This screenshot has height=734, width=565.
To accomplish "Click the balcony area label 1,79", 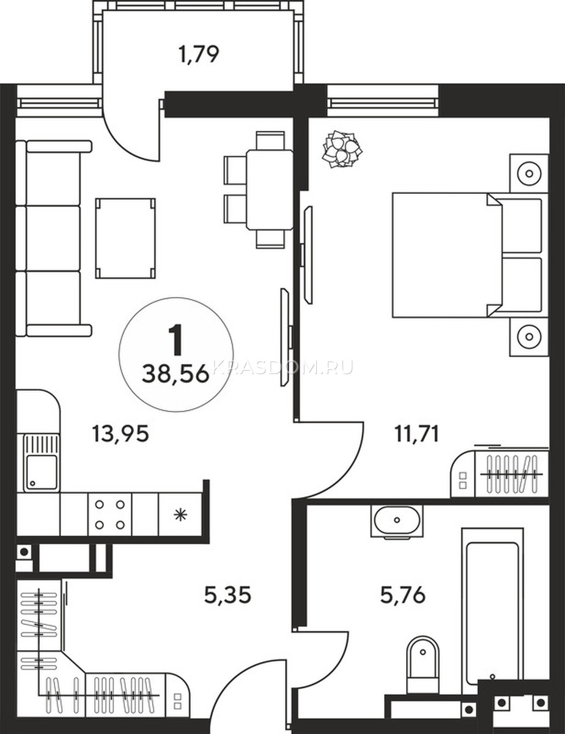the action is coord(199,54).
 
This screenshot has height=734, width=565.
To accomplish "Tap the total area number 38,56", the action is coord(175,374).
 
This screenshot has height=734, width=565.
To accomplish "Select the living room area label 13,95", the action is coord(120,434).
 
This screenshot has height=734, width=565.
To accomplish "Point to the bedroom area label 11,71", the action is coord(417,434).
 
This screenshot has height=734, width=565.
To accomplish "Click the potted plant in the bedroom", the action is coord(342,149).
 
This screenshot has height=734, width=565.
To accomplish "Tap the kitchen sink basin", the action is coord(42,472).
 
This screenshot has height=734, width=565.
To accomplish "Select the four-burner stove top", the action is coord(109,515).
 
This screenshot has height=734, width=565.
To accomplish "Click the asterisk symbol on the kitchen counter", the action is coord(180,515).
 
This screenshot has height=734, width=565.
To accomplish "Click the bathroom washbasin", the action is coord(397,521).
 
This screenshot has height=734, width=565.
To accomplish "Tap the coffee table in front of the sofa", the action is coord(125,239).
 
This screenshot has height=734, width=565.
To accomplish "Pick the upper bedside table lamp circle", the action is coord(529,174).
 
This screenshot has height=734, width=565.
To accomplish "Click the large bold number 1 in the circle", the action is coord(176,340).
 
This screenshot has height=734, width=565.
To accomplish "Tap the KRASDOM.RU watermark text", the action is coord(283,367).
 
